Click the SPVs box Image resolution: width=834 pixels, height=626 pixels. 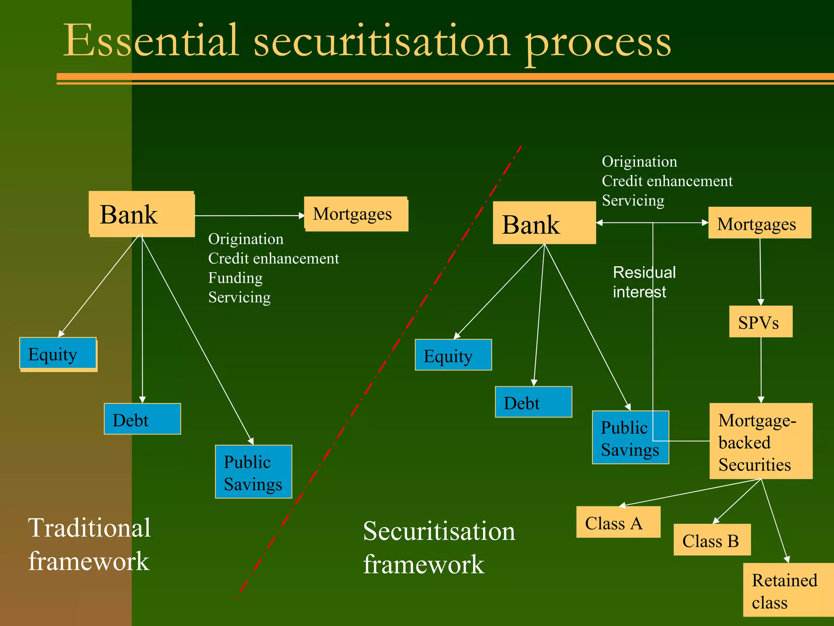(760, 322)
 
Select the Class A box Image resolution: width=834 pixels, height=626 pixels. (618, 522)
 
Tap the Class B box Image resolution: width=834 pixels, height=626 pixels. (711, 540)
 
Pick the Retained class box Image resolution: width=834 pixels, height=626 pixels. (788, 590)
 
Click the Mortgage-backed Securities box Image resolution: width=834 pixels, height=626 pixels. (760, 441)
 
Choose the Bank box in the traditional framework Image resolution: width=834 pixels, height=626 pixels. (141, 214)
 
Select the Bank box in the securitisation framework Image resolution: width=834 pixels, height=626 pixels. (544, 223)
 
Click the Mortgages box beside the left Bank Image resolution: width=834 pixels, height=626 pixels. (356, 214)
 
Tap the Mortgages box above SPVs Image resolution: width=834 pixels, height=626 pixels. (759, 223)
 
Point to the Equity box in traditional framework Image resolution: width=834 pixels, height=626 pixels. (58, 354)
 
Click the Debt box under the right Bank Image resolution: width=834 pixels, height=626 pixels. (533, 402)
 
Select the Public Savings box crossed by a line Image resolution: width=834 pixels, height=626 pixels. (630, 437)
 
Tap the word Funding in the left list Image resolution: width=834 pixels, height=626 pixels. (235, 278)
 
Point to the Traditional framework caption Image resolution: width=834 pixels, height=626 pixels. (89, 544)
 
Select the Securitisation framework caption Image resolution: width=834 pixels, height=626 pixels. (439, 547)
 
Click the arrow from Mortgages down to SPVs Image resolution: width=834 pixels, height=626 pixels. (760, 271)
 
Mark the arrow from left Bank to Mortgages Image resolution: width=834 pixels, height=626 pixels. (249, 216)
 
